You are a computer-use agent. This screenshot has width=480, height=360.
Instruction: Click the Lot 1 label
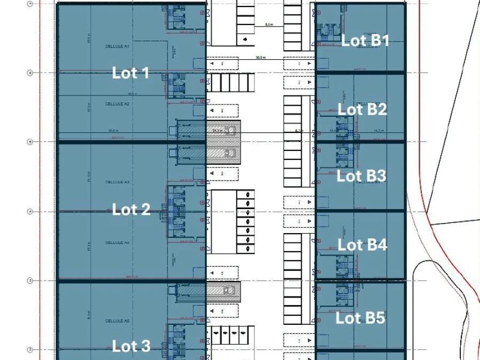click(131, 73)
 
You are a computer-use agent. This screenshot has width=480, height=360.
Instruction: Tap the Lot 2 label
click(131, 210)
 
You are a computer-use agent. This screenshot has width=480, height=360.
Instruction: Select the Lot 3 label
click(131, 346)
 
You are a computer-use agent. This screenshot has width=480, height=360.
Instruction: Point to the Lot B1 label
click(365, 41)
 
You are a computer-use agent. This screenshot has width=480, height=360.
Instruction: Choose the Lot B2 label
click(362, 109)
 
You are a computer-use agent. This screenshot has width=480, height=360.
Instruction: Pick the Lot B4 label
click(362, 245)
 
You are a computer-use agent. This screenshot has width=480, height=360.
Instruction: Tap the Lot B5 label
click(360, 318)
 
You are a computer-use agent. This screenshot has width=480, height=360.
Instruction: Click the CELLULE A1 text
click(117, 47)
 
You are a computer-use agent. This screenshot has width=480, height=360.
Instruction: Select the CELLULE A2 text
click(117, 104)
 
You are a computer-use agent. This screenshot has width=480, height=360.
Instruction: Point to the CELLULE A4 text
click(117, 243)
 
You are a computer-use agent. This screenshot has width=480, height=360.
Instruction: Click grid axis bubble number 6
click(30, 73)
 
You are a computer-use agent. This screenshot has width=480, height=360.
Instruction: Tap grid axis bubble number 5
click(30, 142)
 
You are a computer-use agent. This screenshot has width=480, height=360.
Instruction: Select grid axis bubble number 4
click(30, 212)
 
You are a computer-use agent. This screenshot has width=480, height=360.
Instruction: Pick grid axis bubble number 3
click(30, 281)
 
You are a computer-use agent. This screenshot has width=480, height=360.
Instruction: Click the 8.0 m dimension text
click(269, 25)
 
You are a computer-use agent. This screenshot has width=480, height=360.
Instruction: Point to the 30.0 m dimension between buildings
click(260, 58)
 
